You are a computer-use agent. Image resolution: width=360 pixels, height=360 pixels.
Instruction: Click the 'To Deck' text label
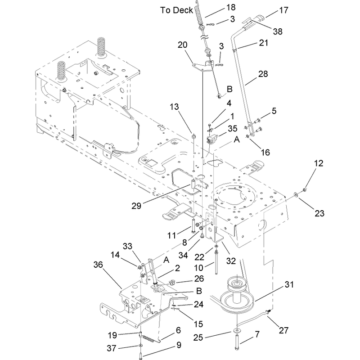click(176, 10)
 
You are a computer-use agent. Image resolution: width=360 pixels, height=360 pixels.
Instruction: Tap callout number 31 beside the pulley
click(289, 285)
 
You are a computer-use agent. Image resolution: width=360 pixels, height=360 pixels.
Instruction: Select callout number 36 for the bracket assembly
click(98, 265)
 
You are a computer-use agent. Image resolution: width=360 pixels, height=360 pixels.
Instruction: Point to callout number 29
click(136, 206)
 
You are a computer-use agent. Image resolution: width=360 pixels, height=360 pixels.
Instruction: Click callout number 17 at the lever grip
click(283, 10)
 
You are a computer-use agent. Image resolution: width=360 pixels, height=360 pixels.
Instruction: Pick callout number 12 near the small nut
click(319, 163)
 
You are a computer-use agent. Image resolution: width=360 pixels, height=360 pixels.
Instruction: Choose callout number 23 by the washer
click(319, 213)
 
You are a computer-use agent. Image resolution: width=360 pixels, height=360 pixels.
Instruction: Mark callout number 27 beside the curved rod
click(283, 330)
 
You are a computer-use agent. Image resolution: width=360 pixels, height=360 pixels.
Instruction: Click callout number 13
click(174, 107)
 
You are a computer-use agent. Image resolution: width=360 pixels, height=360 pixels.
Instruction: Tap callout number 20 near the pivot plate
click(183, 45)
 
